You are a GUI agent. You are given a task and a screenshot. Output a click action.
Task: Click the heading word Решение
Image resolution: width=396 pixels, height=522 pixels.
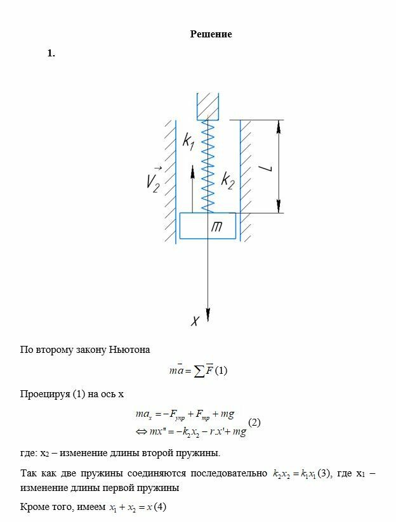click(x=211, y=34)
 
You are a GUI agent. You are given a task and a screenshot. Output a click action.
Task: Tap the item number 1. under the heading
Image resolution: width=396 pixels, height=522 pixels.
click(x=51, y=53)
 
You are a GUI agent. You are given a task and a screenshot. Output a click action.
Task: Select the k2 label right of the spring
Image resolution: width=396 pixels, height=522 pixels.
click(x=228, y=181)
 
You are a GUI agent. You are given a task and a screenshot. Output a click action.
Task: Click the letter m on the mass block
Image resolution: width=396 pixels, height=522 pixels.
click(x=215, y=227)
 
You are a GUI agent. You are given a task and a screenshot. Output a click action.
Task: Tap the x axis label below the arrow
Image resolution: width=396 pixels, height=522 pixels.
click(x=195, y=321)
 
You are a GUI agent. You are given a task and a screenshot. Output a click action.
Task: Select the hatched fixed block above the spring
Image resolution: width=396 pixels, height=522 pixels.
click(x=208, y=106)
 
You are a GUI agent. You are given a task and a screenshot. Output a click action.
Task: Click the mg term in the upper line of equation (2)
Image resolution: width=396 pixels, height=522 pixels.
click(x=226, y=414)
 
